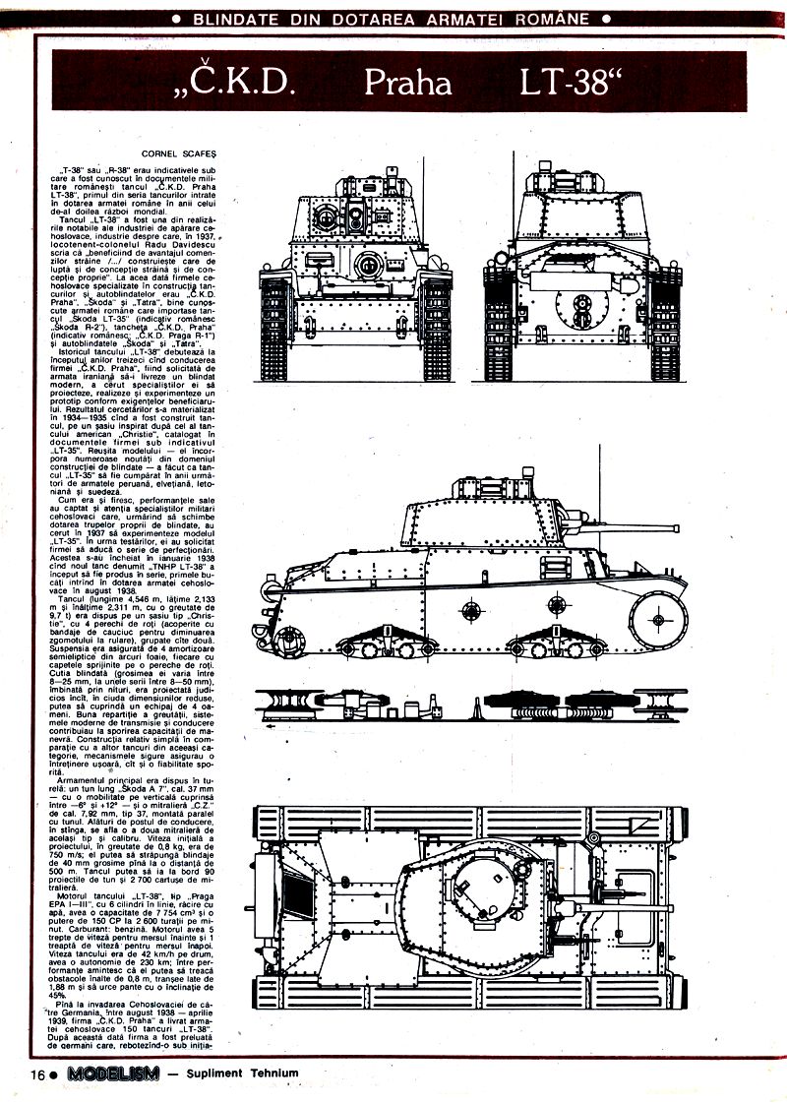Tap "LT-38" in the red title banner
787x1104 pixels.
point(575,83)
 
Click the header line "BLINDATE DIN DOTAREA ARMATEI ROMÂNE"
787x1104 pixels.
point(393,18)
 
